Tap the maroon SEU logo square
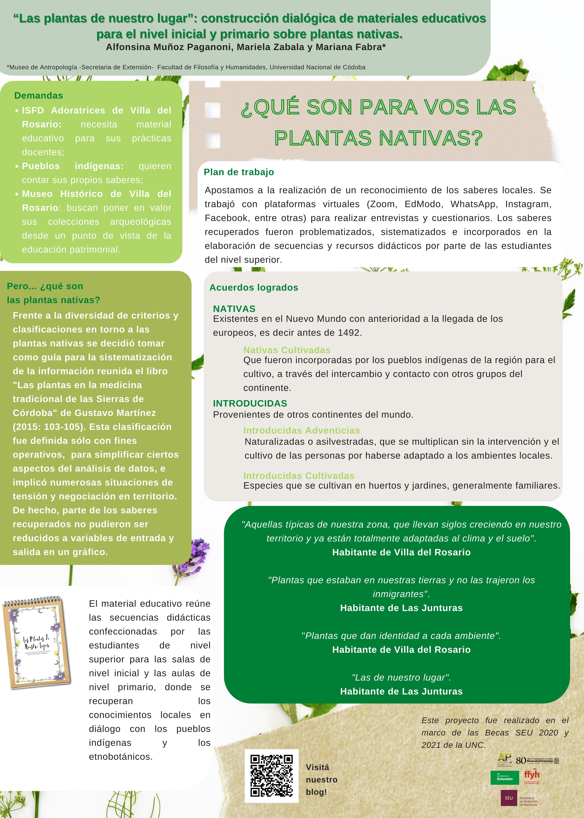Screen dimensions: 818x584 coord(508,798)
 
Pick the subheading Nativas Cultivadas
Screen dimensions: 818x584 coord(287,350)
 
